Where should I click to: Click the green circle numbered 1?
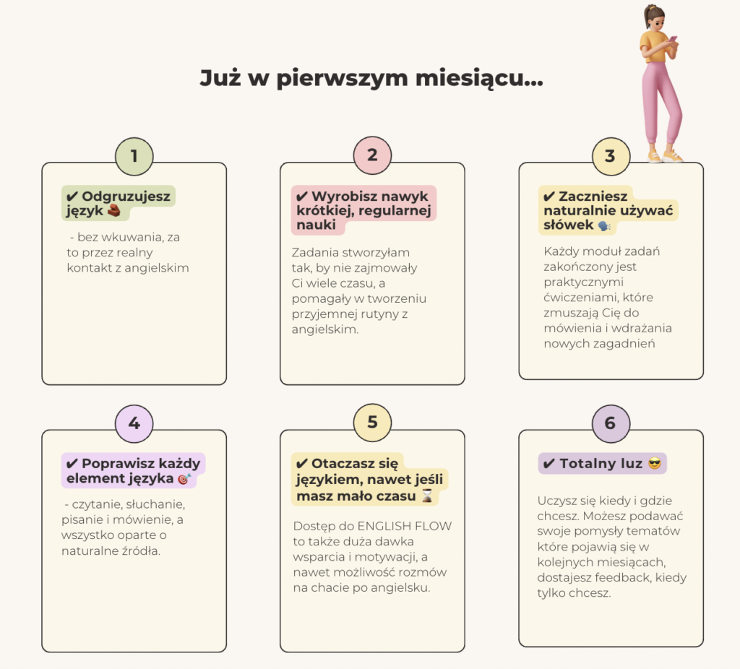pyautogui.click(x=134, y=155)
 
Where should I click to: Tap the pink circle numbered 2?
pyautogui.click(x=372, y=155)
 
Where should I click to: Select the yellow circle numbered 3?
pyautogui.click(x=610, y=156)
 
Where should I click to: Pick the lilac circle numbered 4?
pyautogui.click(x=134, y=423)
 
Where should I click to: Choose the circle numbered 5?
pyautogui.click(x=372, y=423)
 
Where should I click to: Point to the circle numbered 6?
pyautogui.click(x=610, y=423)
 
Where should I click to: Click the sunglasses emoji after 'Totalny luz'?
pyautogui.click(x=655, y=464)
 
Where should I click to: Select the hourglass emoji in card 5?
pyautogui.click(x=428, y=496)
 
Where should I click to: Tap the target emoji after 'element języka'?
pyautogui.click(x=184, y=479)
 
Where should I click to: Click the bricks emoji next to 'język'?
pyautogui.click(x=114, y=211)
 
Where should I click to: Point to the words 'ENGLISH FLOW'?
pyautogui.click(x=409, y=526)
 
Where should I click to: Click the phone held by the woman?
pyautogui.click(x=673, y=41)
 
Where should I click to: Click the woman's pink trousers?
pyautogui.click(x=661, y=101)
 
